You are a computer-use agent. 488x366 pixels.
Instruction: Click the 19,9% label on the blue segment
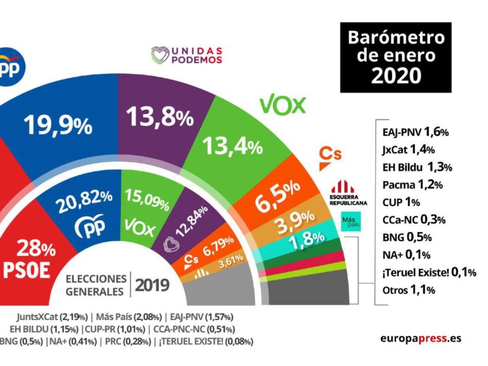(58, 125)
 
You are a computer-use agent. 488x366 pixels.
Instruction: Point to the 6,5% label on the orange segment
(278, 192)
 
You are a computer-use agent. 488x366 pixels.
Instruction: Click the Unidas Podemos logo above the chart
(187, 55)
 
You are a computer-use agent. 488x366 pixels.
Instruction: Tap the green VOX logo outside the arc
(282, 106)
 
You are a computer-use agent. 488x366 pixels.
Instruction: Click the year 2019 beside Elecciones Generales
(152, 285)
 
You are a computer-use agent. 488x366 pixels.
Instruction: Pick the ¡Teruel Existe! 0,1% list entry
(429, 272)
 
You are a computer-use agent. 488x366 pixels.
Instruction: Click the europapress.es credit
(420, 338)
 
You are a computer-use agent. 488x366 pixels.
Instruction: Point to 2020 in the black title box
(396, 75)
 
